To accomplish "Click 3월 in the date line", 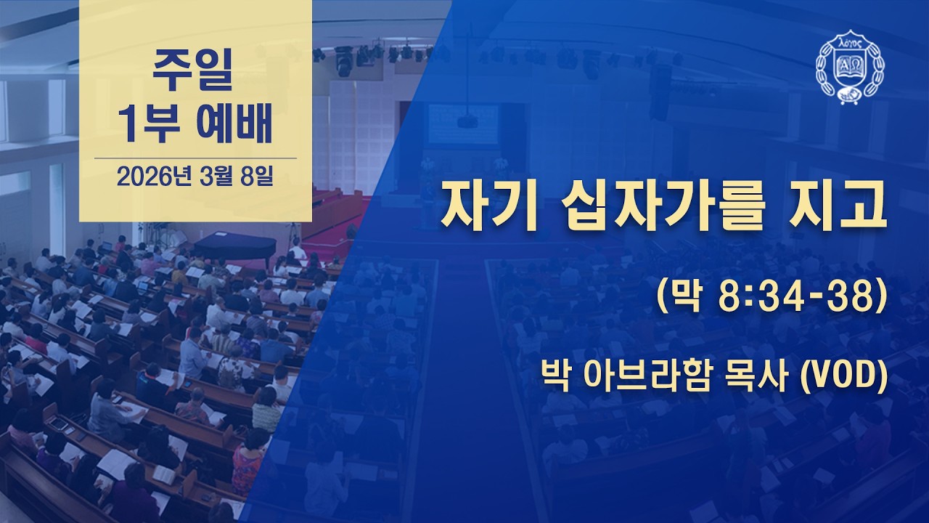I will point(216,177).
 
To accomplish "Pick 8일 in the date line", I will point(255,177).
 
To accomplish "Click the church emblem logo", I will point(847,68).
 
